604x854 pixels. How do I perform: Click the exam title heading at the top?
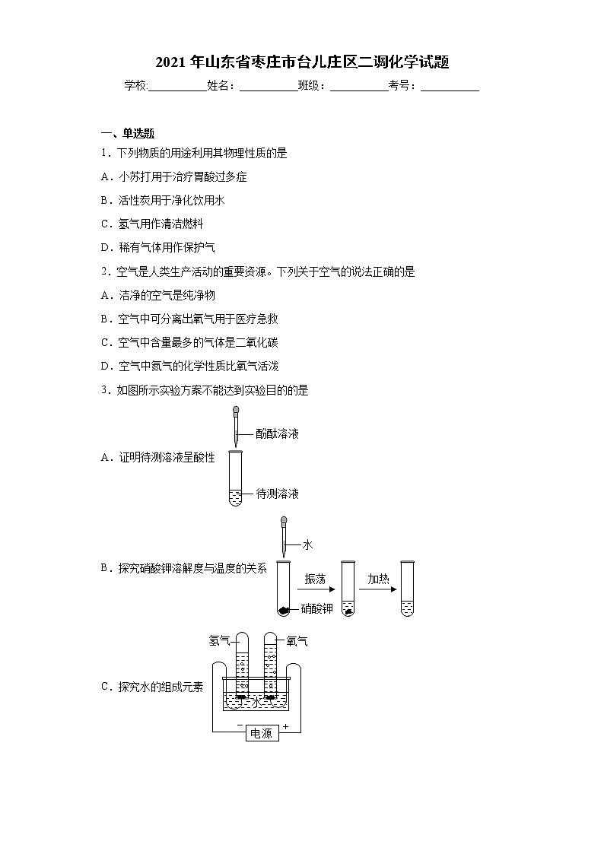[x=302, y=62]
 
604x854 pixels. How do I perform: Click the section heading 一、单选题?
[x=127, y=133]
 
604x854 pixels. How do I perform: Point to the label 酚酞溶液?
[x=277, y=434]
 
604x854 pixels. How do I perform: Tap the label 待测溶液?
[x=277, y=494]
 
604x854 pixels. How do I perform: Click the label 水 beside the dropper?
[x=307, y=544]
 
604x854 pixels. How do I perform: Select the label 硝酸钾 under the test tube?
[x=316, y=608]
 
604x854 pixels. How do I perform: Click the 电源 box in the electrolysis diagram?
[x=261, y=734]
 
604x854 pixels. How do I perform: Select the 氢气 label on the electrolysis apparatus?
[x=219, y=641]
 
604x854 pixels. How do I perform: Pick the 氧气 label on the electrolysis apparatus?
[x=297, y=641]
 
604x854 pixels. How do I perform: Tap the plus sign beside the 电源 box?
[x=286, y=728]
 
